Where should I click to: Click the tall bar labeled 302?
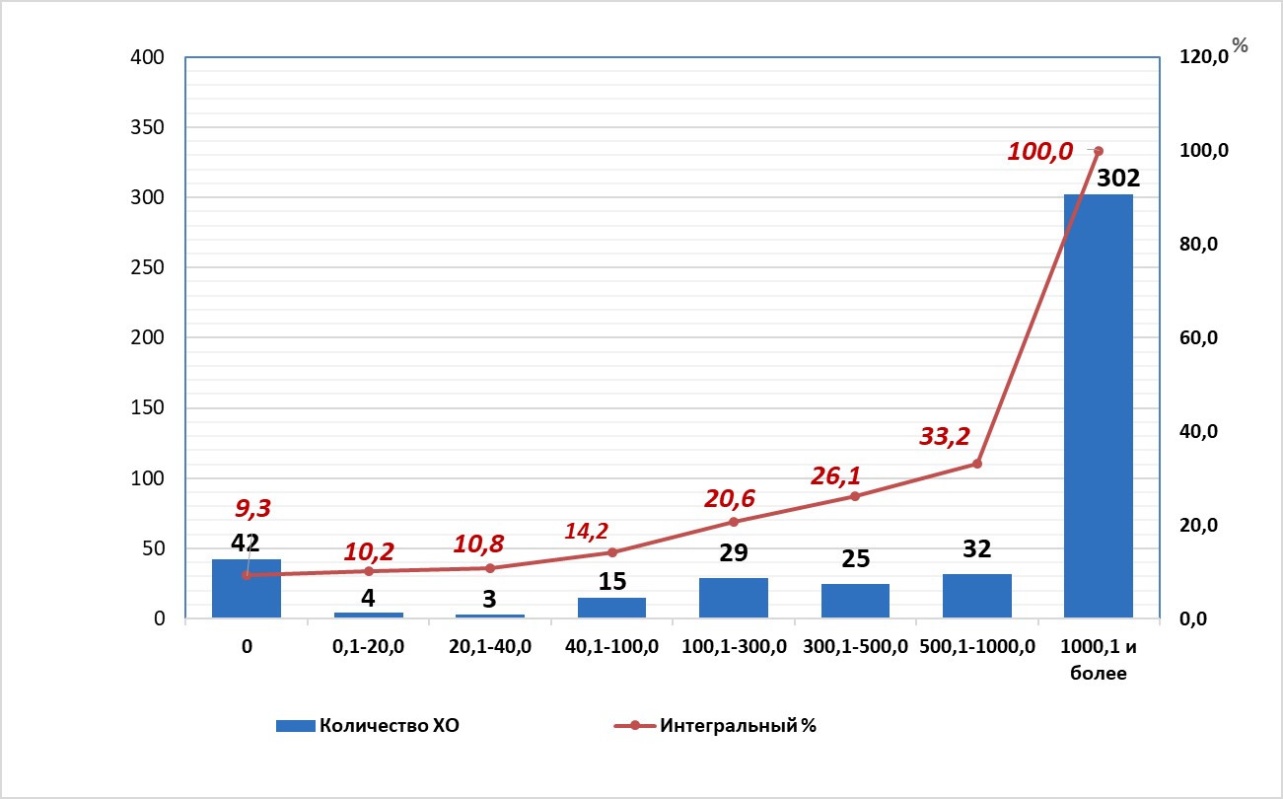click(x=1098, y=404)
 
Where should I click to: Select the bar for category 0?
click(x=247, y=589)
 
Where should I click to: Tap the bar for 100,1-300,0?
click(x=733, y=598)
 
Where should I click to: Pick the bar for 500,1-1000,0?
click(x=976, y=596)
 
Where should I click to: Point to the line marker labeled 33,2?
click(x=976, y=464)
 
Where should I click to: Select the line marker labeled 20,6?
click(x=733, y=522)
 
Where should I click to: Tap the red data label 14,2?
click(x=587, y=531)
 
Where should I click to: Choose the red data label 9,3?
click(x=252, y=509)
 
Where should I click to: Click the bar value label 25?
click(x=855, y=558)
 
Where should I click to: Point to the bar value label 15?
click(x=611, y=581)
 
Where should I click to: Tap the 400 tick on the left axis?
click(x=147, y=58)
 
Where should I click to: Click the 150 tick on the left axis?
click(x=147, y=408)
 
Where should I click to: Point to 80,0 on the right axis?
click(x=1200, y=245)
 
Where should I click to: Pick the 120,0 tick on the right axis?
click(x=1202, y=58)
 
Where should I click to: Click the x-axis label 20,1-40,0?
click(x=490, y=647)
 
